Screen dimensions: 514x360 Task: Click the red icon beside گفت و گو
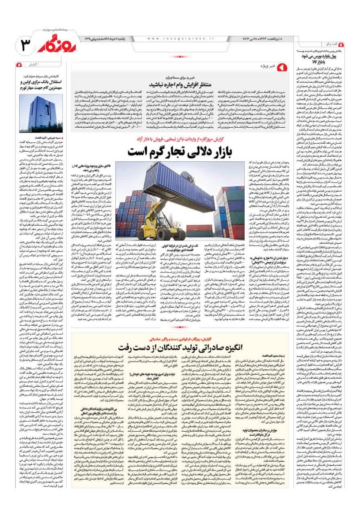(341, 44)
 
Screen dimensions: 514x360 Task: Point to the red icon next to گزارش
(19, 64)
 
